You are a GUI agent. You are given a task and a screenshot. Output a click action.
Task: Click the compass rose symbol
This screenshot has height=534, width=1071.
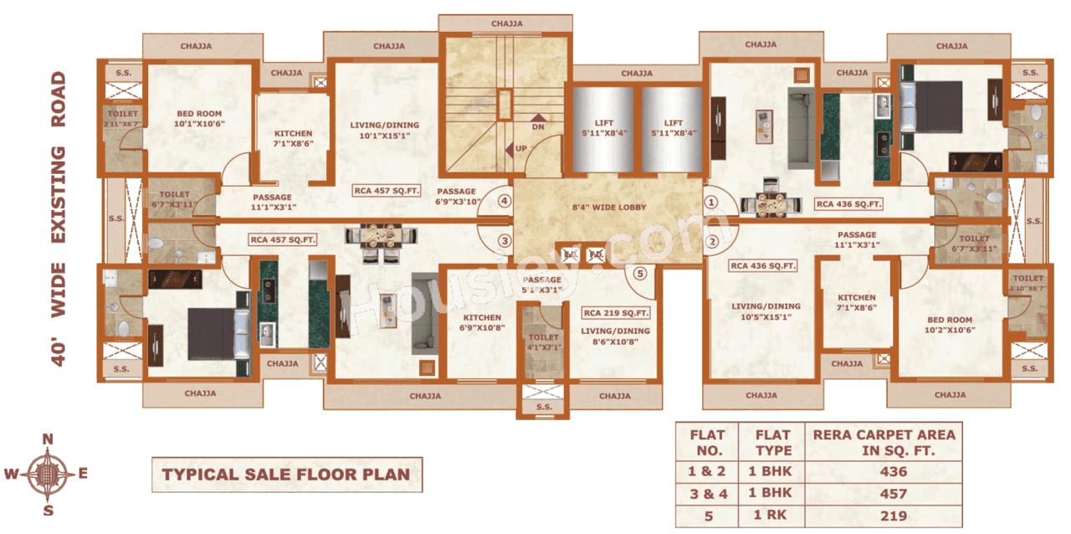48,475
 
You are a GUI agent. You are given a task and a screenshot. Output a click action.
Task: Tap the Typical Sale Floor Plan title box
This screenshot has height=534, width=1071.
286,475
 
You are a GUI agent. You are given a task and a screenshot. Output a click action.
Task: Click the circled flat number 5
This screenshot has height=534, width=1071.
641,272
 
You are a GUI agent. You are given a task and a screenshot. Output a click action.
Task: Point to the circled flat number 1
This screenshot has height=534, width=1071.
711,202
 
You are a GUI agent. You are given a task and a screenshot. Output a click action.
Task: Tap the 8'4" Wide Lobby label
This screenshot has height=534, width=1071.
608,208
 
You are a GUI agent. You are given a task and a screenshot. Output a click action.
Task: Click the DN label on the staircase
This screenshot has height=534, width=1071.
538,128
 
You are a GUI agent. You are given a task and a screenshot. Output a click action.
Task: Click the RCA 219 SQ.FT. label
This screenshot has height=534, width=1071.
616,313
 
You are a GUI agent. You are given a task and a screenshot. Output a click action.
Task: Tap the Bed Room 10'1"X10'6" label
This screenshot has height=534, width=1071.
199,119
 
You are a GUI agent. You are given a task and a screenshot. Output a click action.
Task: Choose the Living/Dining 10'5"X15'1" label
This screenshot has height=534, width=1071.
766,311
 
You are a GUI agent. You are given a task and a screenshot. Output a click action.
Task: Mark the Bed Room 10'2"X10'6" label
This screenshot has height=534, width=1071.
950,325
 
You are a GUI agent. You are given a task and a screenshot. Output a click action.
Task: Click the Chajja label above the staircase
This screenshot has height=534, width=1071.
507,23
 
